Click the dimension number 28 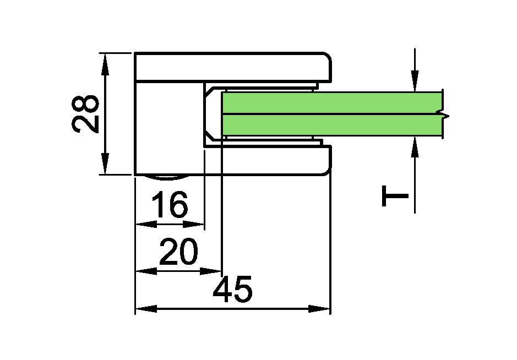(x=85, y=114)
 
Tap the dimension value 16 (x=170, y=204)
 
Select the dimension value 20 (x=179, y=252)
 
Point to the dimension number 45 (x=233, y=289)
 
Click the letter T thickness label (x=395, y=196)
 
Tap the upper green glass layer (x=331, y=103)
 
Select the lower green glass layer (x=331, y=126)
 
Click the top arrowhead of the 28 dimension (x=105, y=64)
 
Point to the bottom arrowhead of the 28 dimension (x=105, y=163)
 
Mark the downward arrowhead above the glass (x=415, y=81)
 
